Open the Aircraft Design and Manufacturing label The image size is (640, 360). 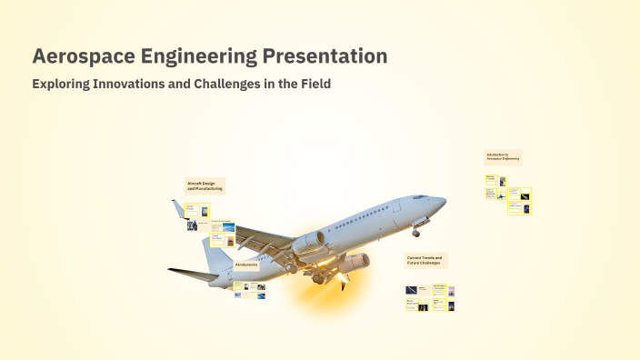(x=205, y=185)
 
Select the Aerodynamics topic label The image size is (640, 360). (x=246, y=265)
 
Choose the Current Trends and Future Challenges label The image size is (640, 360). (x=425, y=261)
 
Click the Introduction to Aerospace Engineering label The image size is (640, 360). (x=503, y=157)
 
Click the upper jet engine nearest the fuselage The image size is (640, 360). (x=309, y=244)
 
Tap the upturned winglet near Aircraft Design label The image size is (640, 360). (x=179, y=210)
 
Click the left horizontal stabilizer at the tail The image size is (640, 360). (x=191, y=272)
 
